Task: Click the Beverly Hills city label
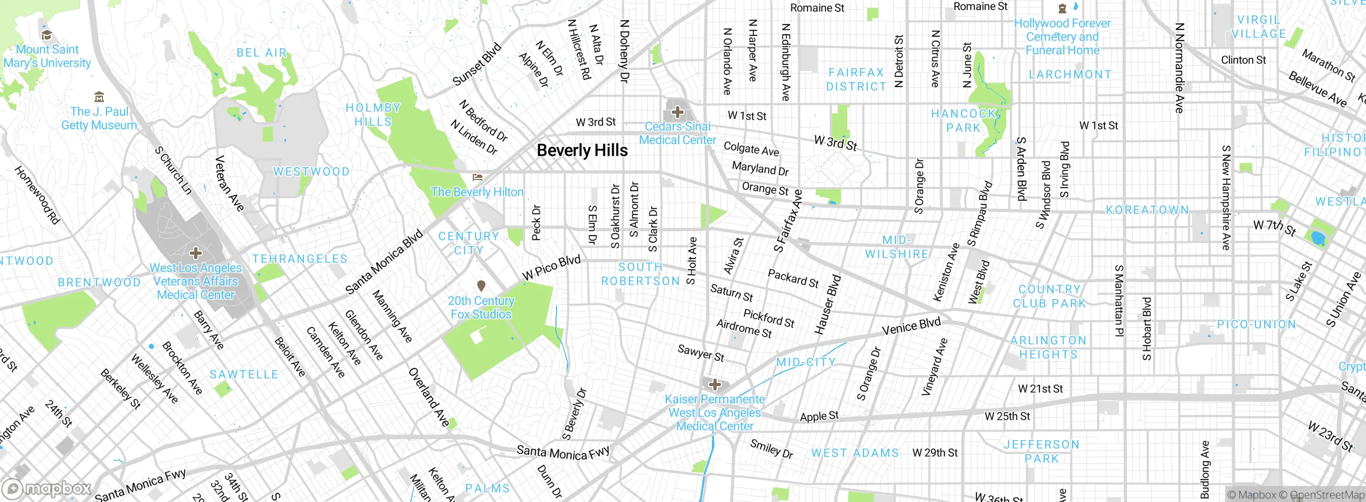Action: tap(582, 151)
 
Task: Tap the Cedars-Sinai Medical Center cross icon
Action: tap(678, 112)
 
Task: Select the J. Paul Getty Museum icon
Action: tap(99, 97)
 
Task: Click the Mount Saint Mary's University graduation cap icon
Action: tap(46, 35)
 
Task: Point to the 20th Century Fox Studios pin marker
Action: tap(481, 286)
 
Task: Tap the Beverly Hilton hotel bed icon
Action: tap(478, 177)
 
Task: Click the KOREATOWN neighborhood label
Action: tap(1147, 210)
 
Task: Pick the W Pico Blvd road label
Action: tap(551, 268)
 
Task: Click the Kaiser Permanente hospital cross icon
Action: tap(714, 385)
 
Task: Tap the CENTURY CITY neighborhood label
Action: tap(468, 243)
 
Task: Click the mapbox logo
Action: tap(47, 489)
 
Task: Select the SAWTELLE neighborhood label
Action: tap(244, 374)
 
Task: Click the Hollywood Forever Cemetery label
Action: tap(1062, 37)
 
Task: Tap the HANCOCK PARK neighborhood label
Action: tap(964, 121)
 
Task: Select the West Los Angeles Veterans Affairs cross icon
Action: tap(196, 253)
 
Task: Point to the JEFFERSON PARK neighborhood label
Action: tap(1042, 451)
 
